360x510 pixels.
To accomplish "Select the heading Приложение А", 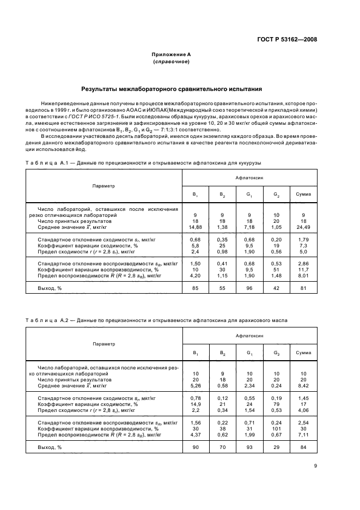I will coord(171,55).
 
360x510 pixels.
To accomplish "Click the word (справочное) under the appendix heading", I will coord(171,62).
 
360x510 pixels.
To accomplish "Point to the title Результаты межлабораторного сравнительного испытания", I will coord(171,88).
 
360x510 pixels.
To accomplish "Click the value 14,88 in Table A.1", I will coord(194,227).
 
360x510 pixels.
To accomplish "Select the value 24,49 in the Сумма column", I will coord(303,227).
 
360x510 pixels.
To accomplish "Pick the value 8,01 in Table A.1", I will coord(303,276).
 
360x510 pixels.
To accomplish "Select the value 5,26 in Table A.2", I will coord(194,386).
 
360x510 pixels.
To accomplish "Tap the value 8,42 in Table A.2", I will coord(303,386).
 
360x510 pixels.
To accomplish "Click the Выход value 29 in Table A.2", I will coord(276,447).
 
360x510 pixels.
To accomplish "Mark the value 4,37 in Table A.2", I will coord(194,435).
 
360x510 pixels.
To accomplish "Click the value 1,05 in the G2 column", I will coord(276,227).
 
